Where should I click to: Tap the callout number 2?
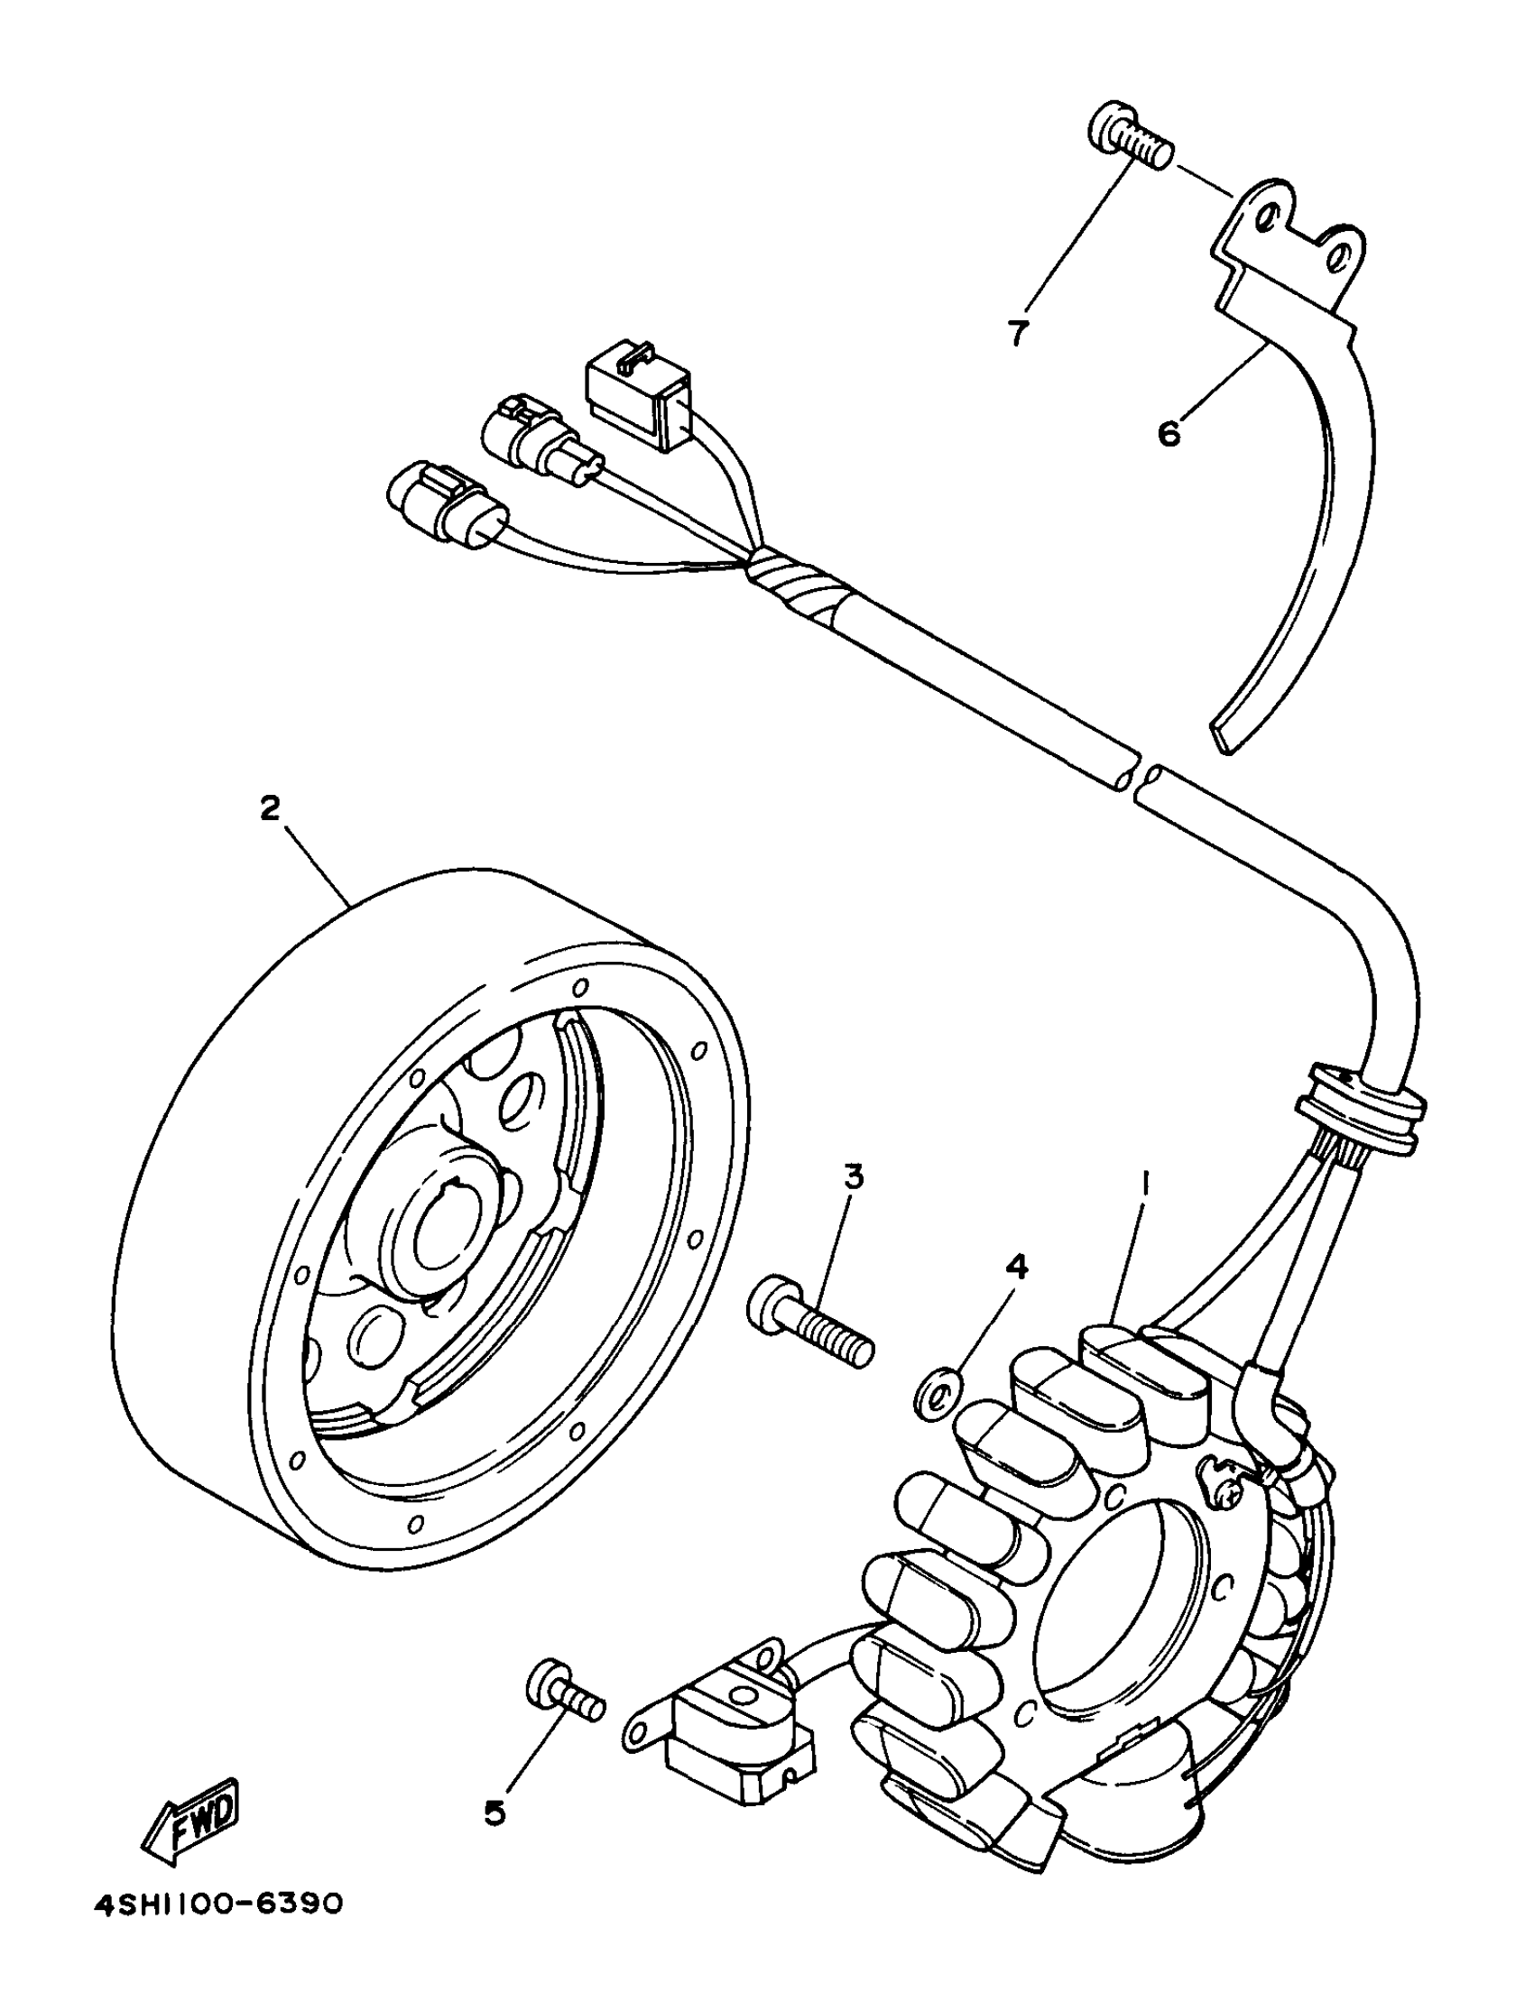click(270, 808)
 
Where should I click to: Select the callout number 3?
click(853, 1176)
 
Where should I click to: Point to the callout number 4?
click(1017, 1266)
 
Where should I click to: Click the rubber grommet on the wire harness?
click(1361, 1110)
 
